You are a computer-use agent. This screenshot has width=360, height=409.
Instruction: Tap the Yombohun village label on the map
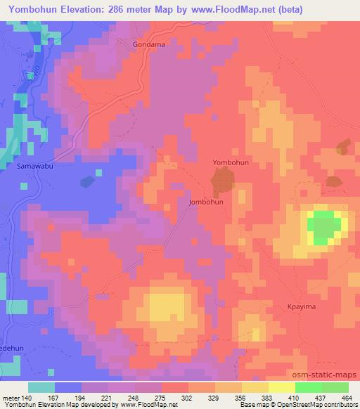coord(231,162)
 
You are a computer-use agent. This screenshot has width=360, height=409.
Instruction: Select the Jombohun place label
coord(206,202)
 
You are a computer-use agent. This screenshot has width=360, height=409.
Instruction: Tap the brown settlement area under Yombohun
coord(222,184)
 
